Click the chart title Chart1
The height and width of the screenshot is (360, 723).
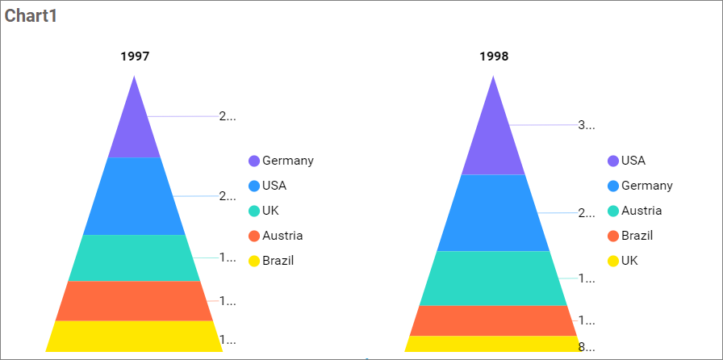[x=31, y=16]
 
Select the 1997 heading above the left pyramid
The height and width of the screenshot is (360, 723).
[x=135, y=57]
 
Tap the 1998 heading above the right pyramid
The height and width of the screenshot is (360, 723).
[x=494, y=57]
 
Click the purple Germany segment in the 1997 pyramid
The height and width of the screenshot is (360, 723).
[x=134, y=129]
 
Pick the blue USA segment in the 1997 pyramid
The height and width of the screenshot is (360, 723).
[x=134, y=196]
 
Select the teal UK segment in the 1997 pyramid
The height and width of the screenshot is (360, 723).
[x=134, y=257]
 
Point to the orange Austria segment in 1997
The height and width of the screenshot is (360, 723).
[x=134, y=300]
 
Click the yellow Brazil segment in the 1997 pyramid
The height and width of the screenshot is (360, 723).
[x=134, y=336]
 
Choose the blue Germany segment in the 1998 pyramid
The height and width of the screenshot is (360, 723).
[x=493, y=212]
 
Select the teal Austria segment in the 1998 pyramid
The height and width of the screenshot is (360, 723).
[x=493, y=278]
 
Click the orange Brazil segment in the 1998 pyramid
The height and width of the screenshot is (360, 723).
[x=493, y=320]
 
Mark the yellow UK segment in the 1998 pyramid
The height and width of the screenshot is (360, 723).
[x=493, y=344]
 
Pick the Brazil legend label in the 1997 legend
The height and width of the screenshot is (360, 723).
[x=278, y=261]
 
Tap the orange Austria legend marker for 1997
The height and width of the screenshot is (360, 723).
[x=254, y=237]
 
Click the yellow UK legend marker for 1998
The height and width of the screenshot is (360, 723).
[x=613, y=262]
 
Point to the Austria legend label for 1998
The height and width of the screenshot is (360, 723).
[x=642, y=211]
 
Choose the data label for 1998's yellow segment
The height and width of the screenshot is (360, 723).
[x=587, y=348]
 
